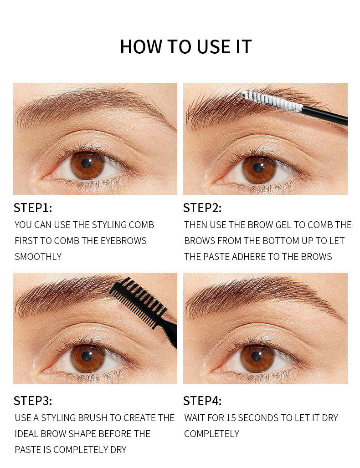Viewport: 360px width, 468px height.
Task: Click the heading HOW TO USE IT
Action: tap(186, 46)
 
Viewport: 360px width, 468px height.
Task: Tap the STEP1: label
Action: tap(33, 208)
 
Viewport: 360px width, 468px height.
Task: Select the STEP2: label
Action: tap(202, 208)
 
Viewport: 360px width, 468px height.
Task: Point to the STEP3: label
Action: tap(33, 401)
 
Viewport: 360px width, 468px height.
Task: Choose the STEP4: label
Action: tap(202, 401)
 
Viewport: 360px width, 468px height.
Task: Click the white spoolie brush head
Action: tap(272, 101)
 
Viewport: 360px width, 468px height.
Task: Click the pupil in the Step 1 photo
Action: tap(87, 163)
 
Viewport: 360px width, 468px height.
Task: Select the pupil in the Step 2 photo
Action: tap(258, 168)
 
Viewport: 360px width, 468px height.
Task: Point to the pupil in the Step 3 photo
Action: tap(87, 356)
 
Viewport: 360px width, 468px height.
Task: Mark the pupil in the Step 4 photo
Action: tap(257, 356)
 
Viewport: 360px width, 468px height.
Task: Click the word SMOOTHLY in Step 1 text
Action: tap(38, 257)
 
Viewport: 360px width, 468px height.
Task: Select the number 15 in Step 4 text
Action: tap(231, 418)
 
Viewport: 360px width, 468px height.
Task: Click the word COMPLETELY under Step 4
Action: tap(212, 434)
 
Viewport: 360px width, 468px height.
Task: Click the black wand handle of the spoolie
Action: tap(325, 116)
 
